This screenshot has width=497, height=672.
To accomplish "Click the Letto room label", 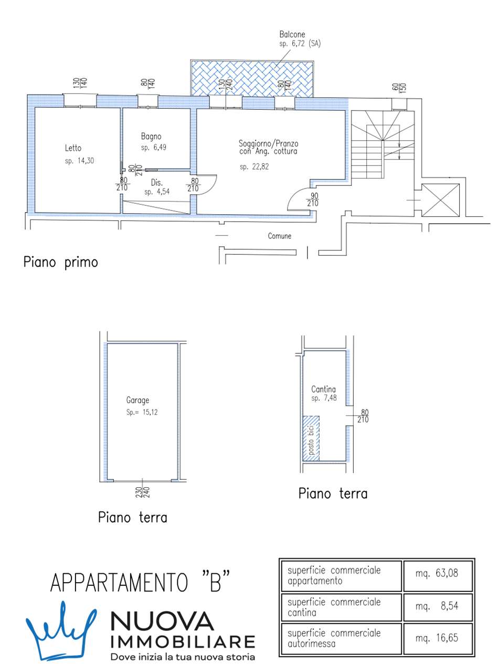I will point(73,148).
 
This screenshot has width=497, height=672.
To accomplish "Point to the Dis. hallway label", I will point(156,183).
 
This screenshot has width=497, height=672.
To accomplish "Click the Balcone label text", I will point(292,35).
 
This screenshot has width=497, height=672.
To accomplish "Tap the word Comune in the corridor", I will point(279,236).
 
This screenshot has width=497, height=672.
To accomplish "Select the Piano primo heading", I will point(60,262).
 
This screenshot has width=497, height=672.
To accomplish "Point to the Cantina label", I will point(323,390).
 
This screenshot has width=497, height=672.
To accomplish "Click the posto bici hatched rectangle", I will point(311,438).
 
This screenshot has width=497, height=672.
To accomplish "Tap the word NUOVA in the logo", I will point(163,623).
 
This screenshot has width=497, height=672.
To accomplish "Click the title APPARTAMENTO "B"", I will point(141,583).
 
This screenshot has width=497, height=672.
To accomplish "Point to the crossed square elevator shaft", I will point(440,199).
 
